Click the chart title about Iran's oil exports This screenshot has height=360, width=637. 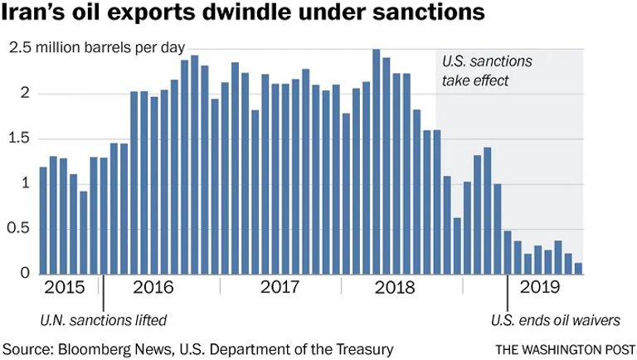tap(249, 15)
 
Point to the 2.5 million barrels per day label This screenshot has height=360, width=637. tap(97, 49)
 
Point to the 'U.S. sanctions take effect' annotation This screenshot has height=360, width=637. tap(486, 71)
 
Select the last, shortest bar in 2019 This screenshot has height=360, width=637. tap(578, 268)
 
